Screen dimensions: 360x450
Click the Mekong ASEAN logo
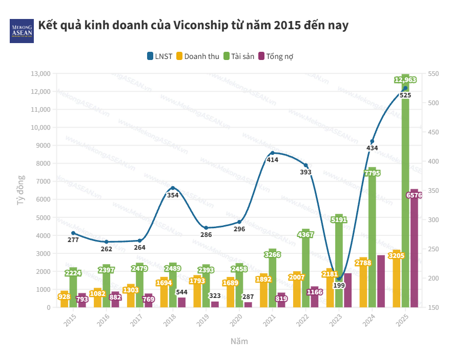click(22, 30)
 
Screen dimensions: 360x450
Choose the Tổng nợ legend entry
click(276, 56)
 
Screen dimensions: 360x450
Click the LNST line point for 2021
click(272, 153)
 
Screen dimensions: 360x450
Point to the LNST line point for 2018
click(173, 188)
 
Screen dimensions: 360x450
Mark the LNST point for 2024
click(372, 142)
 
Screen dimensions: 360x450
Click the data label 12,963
click(405, 80)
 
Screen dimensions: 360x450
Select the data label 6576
click(414, 195)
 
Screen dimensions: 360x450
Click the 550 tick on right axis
click(434, 74)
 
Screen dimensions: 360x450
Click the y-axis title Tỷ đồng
click(21, 191)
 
